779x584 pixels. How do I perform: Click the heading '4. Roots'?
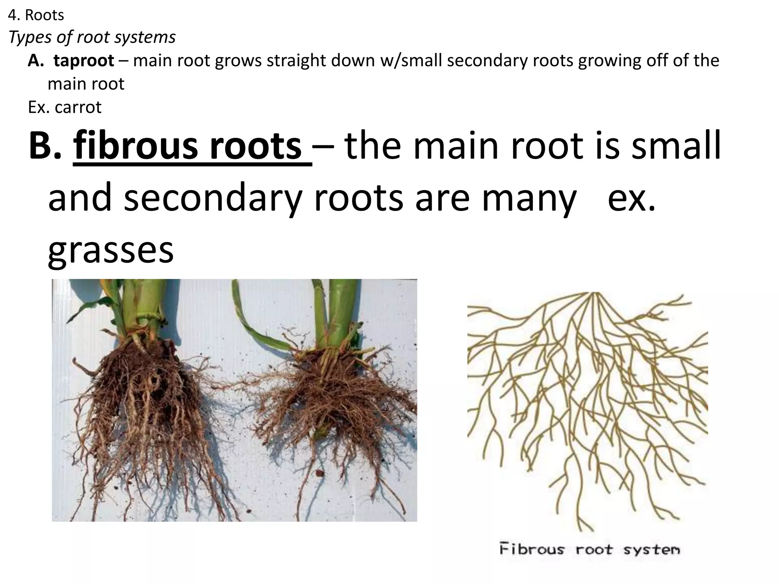(36, 15)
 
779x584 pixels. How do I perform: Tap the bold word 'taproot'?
(84, 60)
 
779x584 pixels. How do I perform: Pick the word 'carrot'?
(78, 107)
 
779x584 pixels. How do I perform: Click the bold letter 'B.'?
(45, 146)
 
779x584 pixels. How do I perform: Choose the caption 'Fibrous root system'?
(589, 550)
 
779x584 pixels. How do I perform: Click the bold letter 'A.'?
(36, 60)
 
